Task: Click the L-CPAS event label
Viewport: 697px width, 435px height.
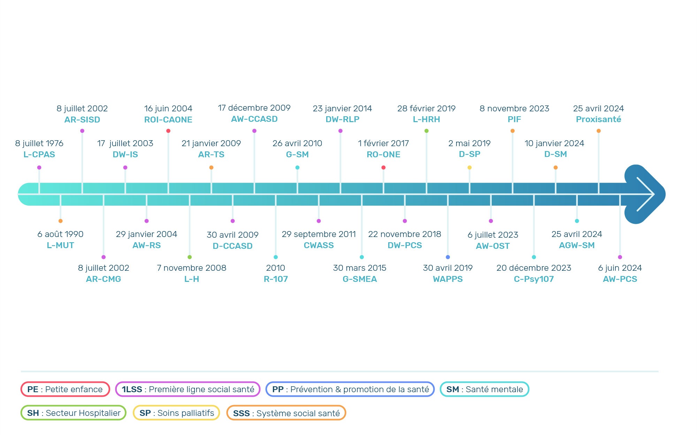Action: tap(39, 155)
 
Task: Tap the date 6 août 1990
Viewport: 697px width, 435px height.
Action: tap(60, 234)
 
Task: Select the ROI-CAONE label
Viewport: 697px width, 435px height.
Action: tap(168, 120)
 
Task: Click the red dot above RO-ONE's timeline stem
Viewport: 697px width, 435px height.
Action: tap(383, 168)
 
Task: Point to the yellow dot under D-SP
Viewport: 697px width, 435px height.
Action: tap(469, 168)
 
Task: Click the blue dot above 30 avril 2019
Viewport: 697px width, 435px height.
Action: tap(448, 257)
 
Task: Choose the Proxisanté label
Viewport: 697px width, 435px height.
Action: tap(598, 119)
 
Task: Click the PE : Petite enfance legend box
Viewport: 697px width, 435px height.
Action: tap(65, 389)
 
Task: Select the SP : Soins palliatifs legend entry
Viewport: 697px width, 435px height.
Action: tap(176, 413)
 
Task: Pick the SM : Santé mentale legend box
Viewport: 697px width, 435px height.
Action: tap(484, 389)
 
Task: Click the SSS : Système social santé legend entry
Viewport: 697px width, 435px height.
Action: tap(286, 413)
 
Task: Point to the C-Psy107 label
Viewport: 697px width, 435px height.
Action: tap(534, 279)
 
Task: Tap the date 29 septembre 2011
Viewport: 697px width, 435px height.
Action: tap(319, 234)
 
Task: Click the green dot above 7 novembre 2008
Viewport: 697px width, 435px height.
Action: tap(190, 257)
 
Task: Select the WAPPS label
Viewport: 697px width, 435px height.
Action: tap(448, 279)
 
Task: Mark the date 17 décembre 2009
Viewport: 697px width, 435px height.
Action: tap(254, 108)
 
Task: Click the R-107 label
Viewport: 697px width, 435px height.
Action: tap(276, 279)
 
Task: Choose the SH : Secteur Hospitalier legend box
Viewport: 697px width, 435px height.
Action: tap(74, 413)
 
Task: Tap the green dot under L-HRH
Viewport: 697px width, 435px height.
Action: tap(427, 131)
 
